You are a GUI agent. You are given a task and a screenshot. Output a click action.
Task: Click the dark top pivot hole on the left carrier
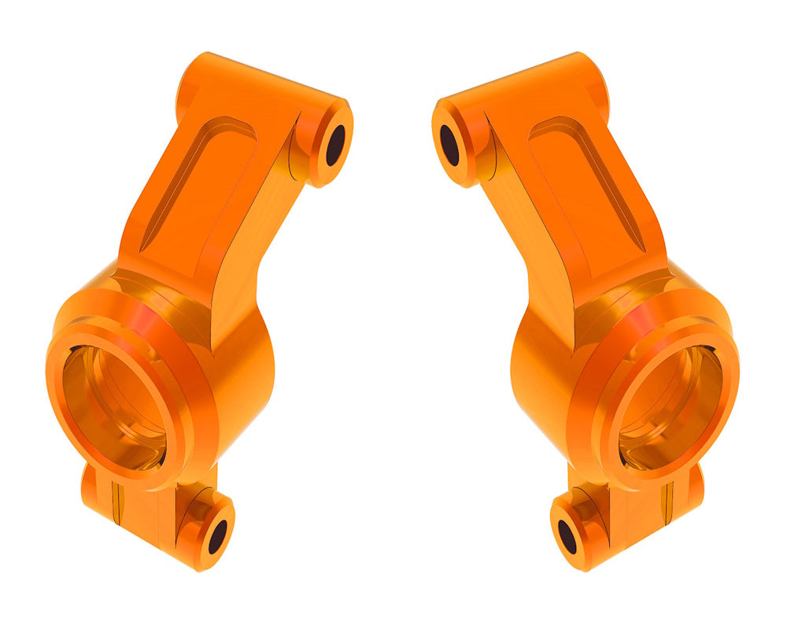[336, 145]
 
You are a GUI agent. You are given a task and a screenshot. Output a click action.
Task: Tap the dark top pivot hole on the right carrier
[449, 145]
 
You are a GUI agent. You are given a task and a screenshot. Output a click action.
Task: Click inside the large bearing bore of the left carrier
[114, 402]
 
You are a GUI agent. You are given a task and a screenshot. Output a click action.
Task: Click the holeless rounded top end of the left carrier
[193, 75]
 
